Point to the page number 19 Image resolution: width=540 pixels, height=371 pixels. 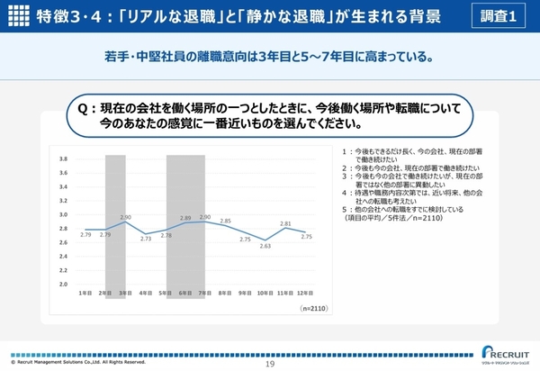(x=269, y=363)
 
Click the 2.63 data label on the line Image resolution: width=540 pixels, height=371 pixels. (x=265, y=246)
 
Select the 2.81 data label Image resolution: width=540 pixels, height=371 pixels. (x=286, y=223)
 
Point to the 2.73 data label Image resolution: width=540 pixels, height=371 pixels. (x=146, y=239)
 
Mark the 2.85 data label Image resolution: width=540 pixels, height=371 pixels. (x=226, y=221)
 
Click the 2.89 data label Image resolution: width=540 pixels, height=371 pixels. (x=185, y=218)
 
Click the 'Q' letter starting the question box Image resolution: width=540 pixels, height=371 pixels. (x=84, y=108)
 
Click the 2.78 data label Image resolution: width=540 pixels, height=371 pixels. (x=166, y=235)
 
